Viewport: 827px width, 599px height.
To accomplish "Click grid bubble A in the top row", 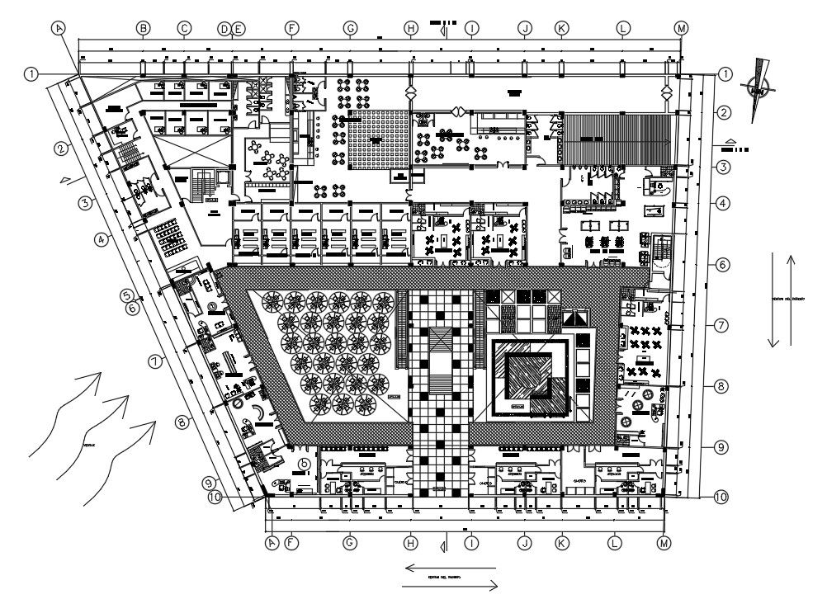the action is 58,27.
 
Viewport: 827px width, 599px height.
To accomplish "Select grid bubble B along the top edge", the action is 143,28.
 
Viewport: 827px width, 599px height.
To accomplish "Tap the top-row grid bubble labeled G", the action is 350,28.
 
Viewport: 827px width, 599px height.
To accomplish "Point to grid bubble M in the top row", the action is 681,28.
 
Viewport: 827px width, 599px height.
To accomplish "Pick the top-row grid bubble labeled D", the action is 224,28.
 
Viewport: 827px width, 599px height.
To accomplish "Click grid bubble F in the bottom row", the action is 291,543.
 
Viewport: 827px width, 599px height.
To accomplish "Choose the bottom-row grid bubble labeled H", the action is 410,543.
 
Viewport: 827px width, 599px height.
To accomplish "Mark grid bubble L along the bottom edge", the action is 613,543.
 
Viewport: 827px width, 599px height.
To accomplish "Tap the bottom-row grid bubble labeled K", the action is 561,543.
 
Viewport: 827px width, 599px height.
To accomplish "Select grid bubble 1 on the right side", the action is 725,74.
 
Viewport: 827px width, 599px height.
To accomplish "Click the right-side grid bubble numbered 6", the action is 721,265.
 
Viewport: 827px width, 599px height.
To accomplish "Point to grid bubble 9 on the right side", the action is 721,447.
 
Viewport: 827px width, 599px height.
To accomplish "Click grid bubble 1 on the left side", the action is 31,74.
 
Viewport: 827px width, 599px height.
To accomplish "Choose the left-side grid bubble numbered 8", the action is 182,423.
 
